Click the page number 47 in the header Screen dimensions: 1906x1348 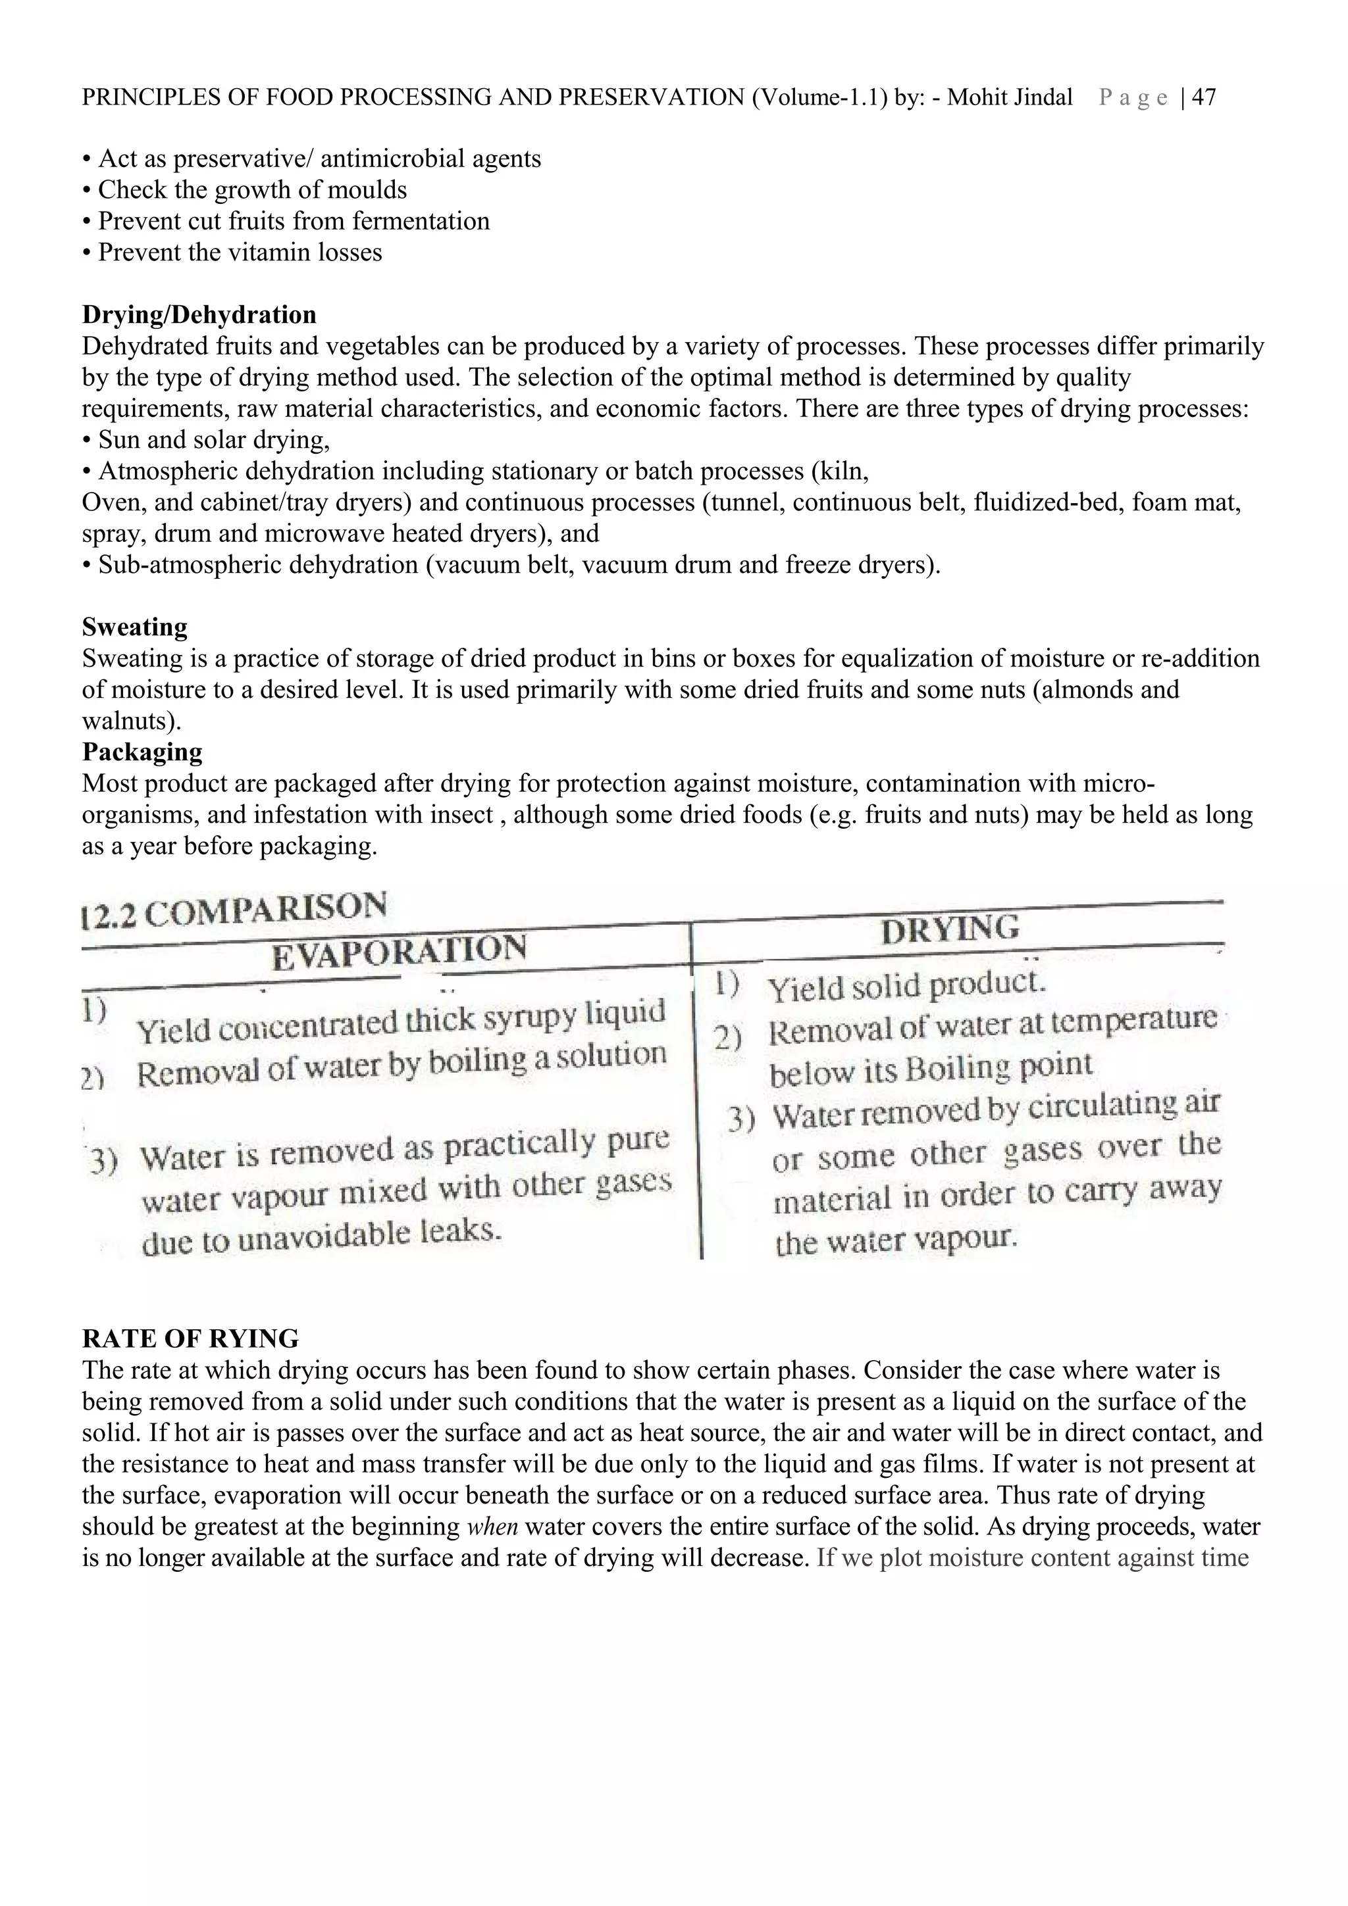click(1205, 98)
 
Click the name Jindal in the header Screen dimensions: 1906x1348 click(1043, 98)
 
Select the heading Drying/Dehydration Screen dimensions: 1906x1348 click(199, 316)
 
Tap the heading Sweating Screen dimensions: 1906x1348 click(134, 627)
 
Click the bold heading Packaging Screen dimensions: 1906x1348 click(142, 752)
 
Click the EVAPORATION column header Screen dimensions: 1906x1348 click(399, 951)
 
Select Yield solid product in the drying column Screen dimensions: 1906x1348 click(905, 986)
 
